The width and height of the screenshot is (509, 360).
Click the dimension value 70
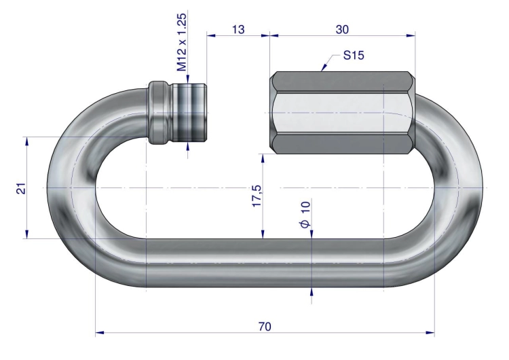coord(265,326)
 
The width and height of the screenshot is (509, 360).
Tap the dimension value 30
coord(342,30)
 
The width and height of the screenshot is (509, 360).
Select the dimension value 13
coord(238,30)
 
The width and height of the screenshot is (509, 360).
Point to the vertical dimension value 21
coord(22,188)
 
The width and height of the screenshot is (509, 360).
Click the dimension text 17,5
coord(257,196)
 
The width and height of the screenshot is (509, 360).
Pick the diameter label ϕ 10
coord(305,215)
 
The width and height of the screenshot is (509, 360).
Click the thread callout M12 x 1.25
coord(182,42)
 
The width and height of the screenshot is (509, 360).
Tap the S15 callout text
coord(354,56)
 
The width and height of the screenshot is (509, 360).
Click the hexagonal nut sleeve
coord(343,113)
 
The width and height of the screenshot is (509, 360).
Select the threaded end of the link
coord(189,113)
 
